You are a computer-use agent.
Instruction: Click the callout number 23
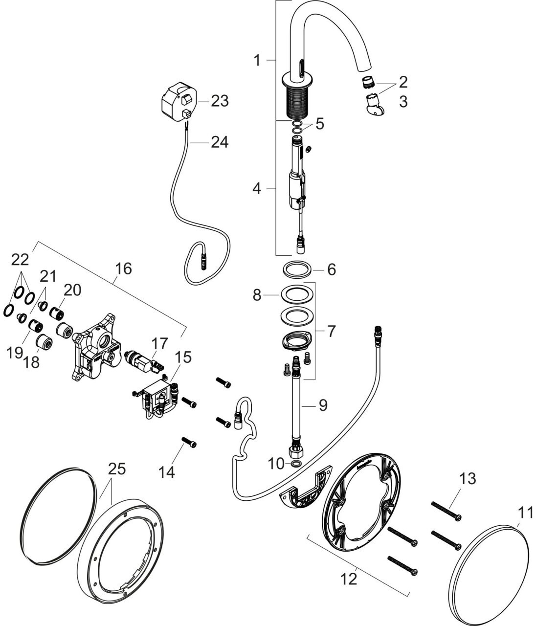(x=220, y=101)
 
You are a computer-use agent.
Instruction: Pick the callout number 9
(x=323, y=405)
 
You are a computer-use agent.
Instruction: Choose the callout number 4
(x=257, y=188)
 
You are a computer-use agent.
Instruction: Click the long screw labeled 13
(x=446, y=512)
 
